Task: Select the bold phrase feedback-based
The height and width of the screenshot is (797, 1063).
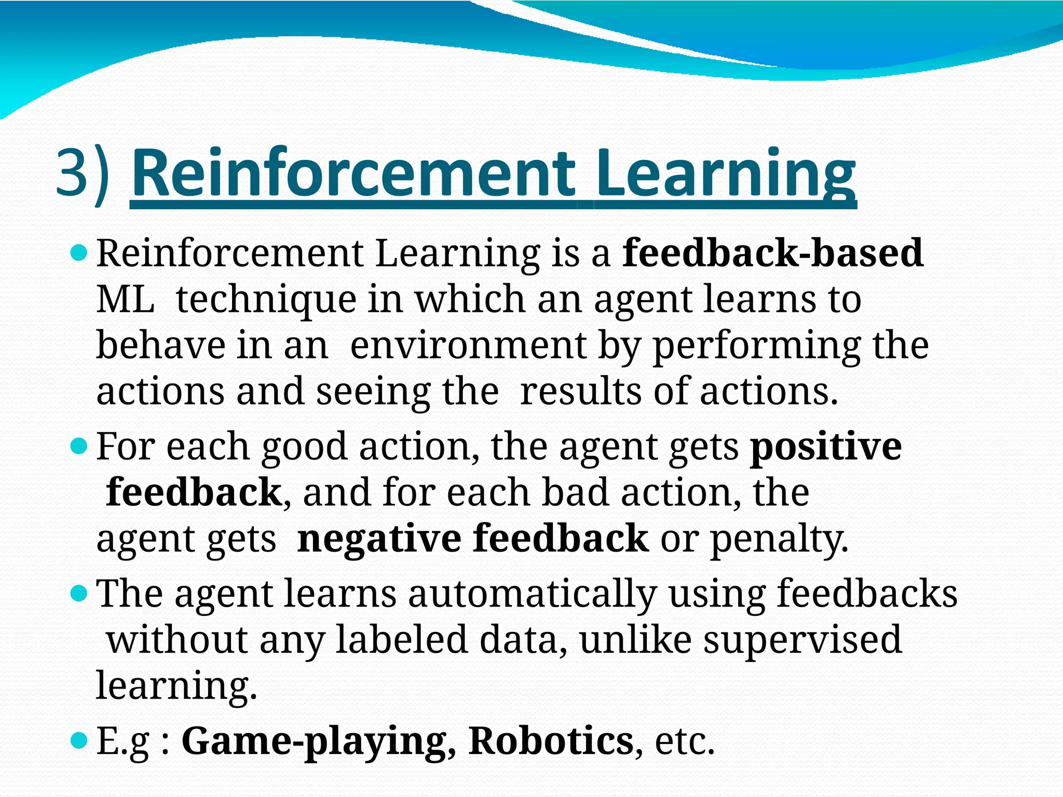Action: (772, 253)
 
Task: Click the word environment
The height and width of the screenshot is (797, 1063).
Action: (468, 346)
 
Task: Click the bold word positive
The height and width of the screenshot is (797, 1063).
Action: (826, 447)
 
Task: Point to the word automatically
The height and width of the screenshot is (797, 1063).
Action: (533, 595)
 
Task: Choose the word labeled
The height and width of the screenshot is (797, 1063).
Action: (402, 639)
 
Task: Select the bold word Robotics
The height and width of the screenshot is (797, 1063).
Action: (551, 741)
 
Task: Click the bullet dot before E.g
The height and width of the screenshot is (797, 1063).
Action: (79, 740)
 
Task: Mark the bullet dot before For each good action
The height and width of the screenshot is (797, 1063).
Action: (79, 446)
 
